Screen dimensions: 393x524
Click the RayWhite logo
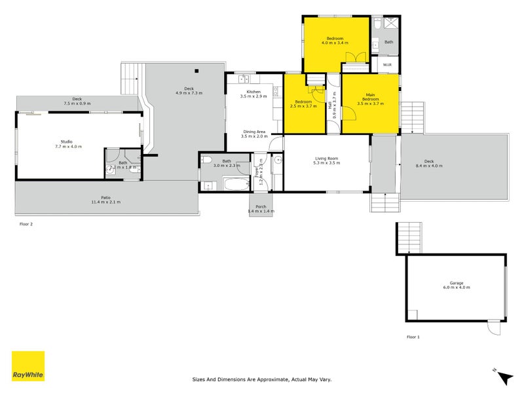point(28,366)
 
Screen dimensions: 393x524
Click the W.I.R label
point(386,65)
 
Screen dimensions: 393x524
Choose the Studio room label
point(66,144)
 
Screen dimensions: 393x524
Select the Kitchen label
point(253,94)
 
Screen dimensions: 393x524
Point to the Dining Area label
point(253,134)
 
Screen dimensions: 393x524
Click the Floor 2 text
point(27,224)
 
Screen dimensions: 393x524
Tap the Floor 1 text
point(413,337)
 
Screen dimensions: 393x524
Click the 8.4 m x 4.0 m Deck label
point(429,164)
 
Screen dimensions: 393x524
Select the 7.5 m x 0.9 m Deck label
point(77,102)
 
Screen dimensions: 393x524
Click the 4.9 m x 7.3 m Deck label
point(189,91)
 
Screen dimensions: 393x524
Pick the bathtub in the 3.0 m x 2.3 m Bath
point(234,183)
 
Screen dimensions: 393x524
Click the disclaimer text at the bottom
point(262,379)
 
